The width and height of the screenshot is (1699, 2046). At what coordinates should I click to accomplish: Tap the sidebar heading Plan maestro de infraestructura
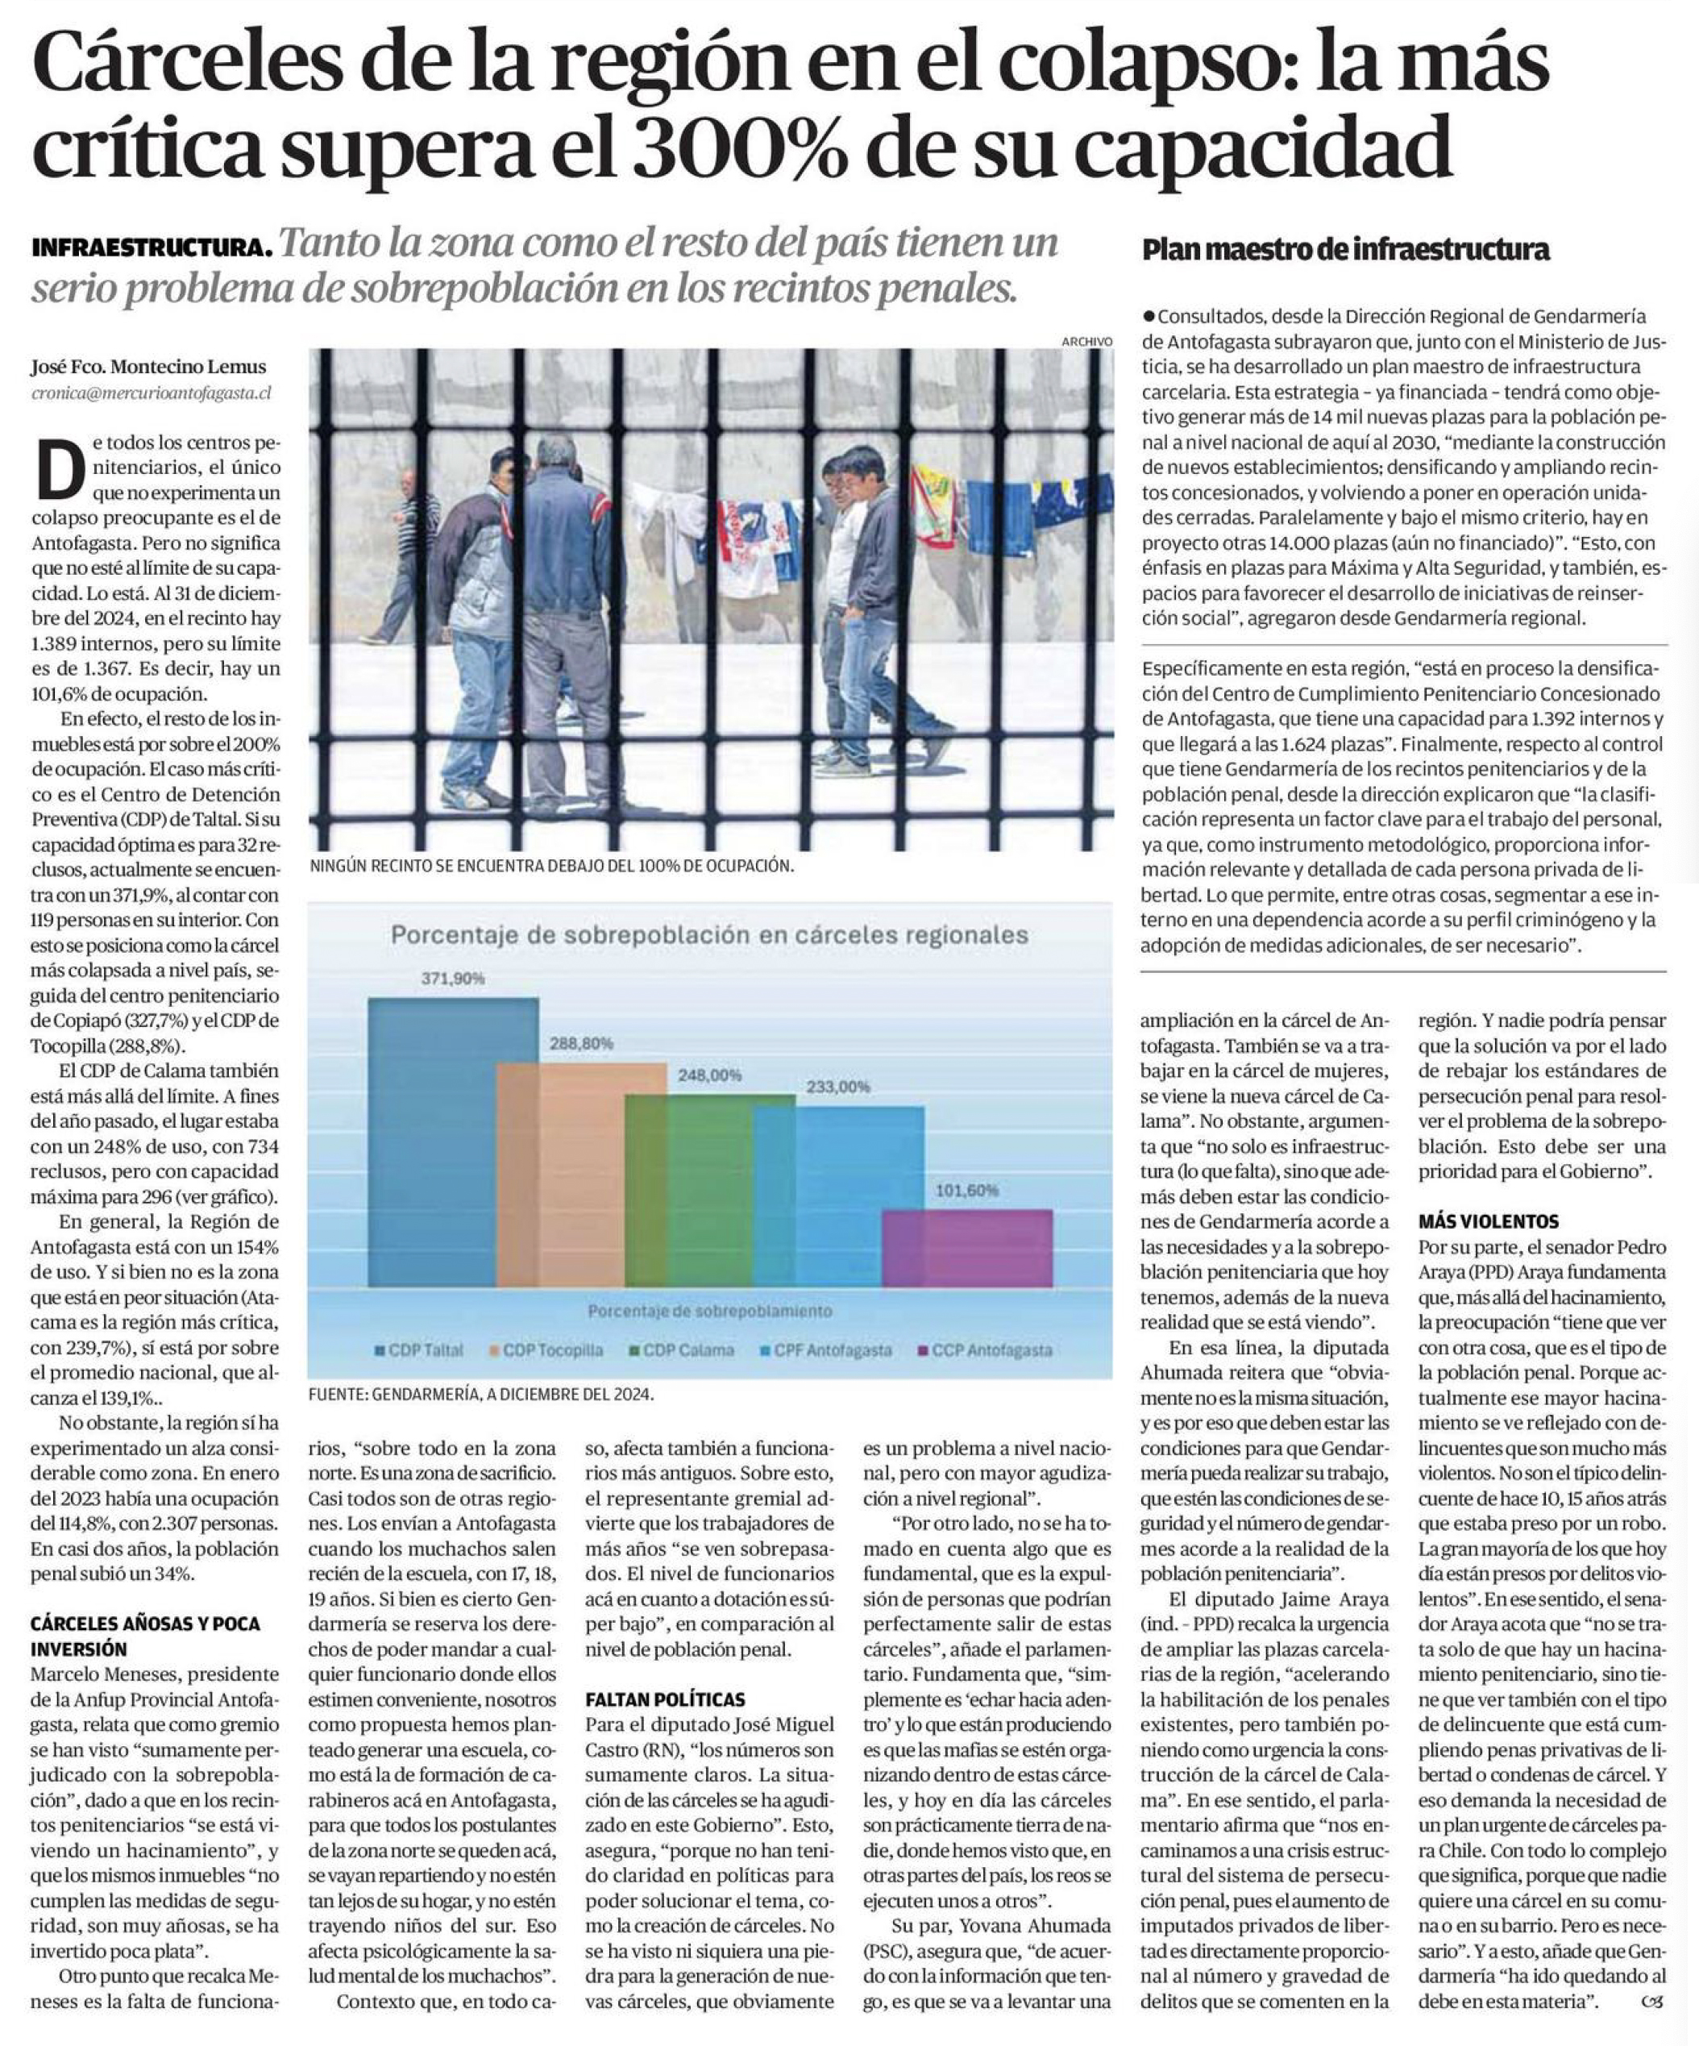click(1345, 251)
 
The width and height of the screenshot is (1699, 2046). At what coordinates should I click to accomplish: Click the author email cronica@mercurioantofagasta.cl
click(151, 393)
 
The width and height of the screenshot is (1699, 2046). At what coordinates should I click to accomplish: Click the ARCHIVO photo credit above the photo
click(1087, 341)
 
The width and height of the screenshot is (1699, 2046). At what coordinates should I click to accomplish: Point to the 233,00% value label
click(837, 1087)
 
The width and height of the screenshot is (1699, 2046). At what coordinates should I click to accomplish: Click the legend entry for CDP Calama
click(681, 1350)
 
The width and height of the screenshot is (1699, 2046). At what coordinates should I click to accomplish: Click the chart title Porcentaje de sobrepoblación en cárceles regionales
click(709, 935)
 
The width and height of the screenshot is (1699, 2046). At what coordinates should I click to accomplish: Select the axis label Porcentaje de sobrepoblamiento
click(709, 1311)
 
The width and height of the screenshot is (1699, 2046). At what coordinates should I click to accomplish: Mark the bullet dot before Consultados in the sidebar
click(1149, 317)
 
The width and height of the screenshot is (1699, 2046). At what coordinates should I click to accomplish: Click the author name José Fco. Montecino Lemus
click(148, 368)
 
